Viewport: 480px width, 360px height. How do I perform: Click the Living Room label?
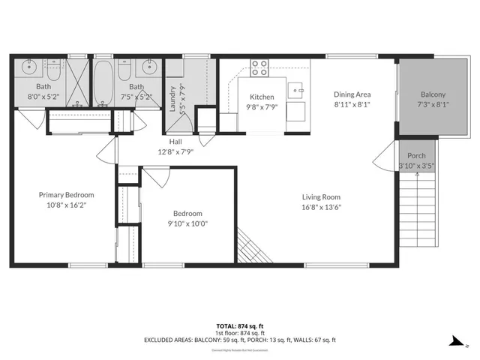point(322,197)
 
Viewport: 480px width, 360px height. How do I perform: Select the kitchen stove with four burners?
point(260,67)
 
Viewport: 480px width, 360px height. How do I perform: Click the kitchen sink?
point(298,91)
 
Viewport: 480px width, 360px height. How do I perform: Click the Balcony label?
point(432,94)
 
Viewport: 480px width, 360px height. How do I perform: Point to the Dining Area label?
point(352,94)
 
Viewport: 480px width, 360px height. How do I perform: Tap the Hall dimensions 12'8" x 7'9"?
point(175,151)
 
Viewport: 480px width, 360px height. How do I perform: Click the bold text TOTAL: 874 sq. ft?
point(237,326)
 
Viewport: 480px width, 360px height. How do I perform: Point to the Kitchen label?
point(262,97)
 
